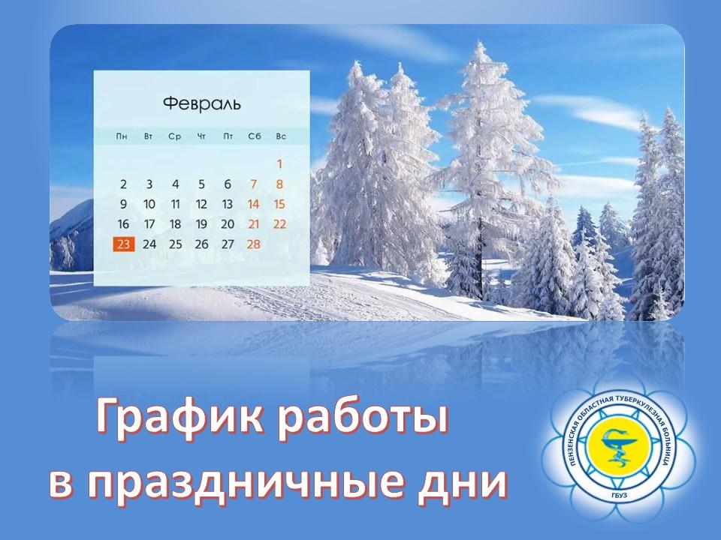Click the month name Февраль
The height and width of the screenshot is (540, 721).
pos(201,103)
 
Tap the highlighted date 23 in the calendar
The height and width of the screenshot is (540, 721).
pos(123,244)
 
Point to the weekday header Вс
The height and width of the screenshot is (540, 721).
pos(280,136)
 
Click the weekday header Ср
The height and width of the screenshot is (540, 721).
pos(175,136)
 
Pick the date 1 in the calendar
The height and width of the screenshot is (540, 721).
pos(279,163)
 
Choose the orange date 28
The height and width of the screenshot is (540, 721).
pos(253,244)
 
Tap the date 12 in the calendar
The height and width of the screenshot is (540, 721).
pos(201,204)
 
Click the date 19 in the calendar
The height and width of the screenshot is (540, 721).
pos(201,223)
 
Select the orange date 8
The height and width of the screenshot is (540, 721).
pos(279,184)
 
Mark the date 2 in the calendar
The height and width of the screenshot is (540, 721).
pos(123,184)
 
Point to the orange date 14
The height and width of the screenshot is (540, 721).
pos(253,204)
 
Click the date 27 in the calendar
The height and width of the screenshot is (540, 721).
pos(227,244)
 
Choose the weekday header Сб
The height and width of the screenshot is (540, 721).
pos(253,136)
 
